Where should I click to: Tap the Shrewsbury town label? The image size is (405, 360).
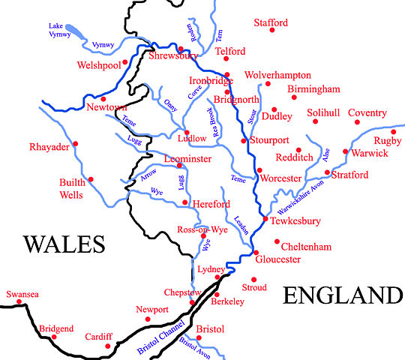(174, 57)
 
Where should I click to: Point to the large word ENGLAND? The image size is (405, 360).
(342, 295)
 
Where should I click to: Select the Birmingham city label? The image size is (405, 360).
(314, 89)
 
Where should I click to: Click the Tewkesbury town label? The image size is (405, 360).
(295, 221)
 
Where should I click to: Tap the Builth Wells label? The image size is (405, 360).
(73, 188)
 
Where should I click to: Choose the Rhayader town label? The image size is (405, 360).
(49, 146)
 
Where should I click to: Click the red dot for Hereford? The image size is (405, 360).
(184, 202)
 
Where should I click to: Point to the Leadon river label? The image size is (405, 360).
(241, 223)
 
